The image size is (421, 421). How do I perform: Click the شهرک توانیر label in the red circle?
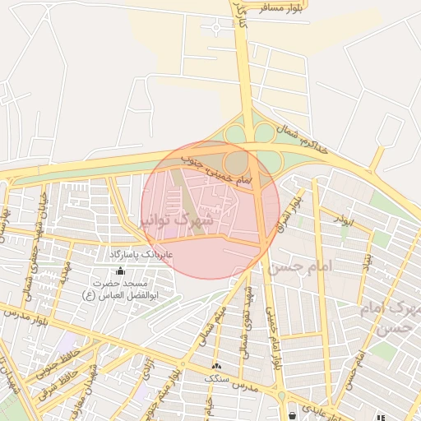[x=178, y=220]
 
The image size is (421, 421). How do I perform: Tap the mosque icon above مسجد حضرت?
[x=121, y=271]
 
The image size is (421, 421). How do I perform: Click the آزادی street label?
[x=149, y=362]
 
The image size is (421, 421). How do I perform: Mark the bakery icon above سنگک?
[x=216, y=367]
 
